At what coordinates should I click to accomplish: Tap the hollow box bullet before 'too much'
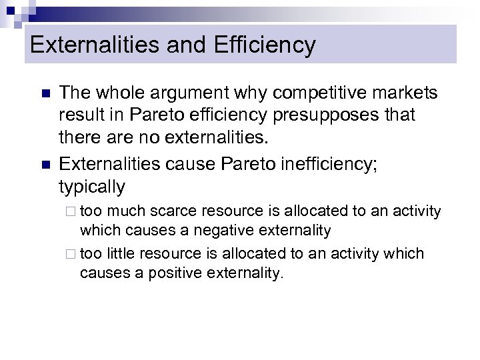[x=73, y=212]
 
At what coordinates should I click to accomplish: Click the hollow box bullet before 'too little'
[x=73, y=254]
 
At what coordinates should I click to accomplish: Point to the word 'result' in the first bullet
[x=79, y=115]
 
